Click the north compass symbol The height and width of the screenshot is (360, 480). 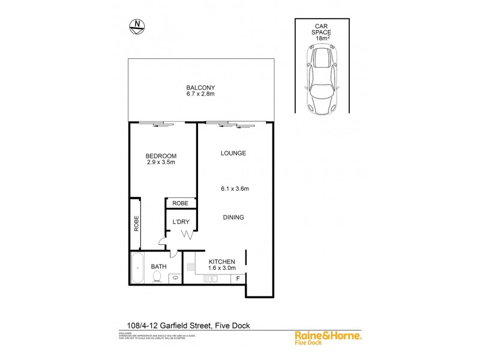pyautogui.click(x=138, y=25)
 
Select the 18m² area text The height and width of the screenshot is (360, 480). pyautogui.click(x=323, y=38)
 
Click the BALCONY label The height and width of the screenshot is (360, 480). pyautogui.click(x=200, y=87)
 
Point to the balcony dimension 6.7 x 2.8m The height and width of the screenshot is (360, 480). pyautogui.click(x=200, y=94)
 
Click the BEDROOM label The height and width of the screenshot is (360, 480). pyautogui.click(x=160, y=156)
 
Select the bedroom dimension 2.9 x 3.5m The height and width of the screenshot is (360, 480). pyautogui.click(x=160, y=163)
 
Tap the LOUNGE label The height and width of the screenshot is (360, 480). pyautogui.click(x=233, y=153)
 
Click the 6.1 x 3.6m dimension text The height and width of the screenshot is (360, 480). pyautogui.click(x=233, y=188)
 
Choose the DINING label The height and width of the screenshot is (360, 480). pyautogui.click(x=233, y=217)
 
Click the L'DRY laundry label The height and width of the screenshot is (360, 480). pyautogui.click(x=181, y=221)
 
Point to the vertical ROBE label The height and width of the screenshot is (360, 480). pyautogui.click(x=136, y=223)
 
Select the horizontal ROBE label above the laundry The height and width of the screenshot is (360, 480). pyautogui.click(x=181, y=204)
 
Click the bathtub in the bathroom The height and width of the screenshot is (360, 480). pyautogui.click(x=137, y=268)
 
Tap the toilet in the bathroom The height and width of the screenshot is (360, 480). pyautogui.click(x=157, y=276)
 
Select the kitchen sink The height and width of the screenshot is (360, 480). pyautogui.click(x=211, y=278)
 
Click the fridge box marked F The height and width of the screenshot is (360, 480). pyautogui.click(x=238, y=278)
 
